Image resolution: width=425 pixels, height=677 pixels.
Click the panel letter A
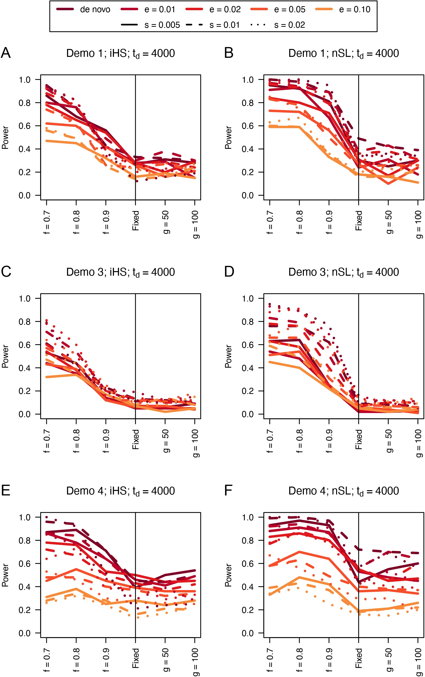pyautogui.click(x=6, y=53)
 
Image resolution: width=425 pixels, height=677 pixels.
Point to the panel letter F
pyautogui.click(x=228, y=490)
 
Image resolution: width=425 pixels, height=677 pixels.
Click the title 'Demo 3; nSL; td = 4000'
pyautogui.click(x=344, y=272)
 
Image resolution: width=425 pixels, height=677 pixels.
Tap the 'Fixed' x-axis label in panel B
pyautogui.click(x=359, y=221)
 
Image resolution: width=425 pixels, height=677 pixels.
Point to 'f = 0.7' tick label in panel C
pyautogui.click(x=47, y=441)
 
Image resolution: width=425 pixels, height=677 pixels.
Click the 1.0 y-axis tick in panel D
pyautogui.click(x=248, y=298)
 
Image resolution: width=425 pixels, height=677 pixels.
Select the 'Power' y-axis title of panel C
pyautogui.click(x=5, y=356)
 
